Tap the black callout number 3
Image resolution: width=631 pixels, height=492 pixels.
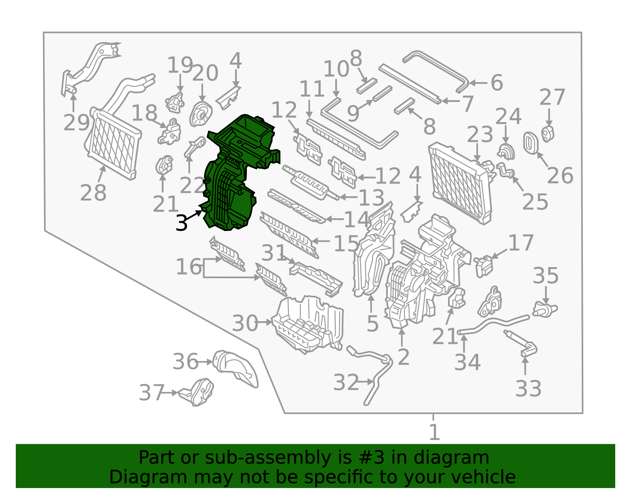[x=182, y=223]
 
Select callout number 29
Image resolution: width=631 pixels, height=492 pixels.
[x=77, y=123]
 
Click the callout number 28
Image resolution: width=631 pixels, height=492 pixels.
[x=93, y=193]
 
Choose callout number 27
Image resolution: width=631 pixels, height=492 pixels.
[x=552, y=97]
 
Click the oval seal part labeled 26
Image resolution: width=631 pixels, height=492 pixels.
[x=531, y=143]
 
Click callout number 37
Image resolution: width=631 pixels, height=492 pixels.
[x=152, y=393]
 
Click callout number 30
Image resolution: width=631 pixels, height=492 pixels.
[x=245, y=323]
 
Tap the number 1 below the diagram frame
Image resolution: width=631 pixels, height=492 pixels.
[x=435, y=432]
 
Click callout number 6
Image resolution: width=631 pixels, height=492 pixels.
[x=497, y=83]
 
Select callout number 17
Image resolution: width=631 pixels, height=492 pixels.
[x=521, y=243]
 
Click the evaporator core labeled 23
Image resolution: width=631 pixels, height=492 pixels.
[x=460, y=183]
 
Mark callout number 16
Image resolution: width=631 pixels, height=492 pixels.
[x=189, y=267]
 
